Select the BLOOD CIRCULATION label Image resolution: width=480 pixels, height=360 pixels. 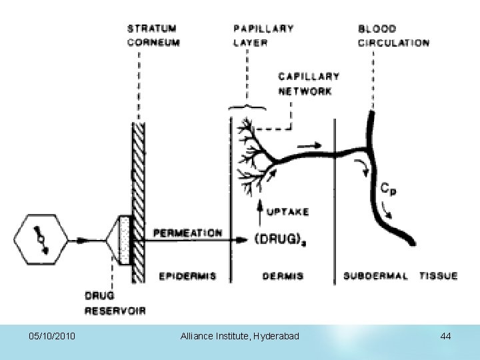[x=393, y=35]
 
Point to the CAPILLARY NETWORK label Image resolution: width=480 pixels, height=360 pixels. [x=309, y=84]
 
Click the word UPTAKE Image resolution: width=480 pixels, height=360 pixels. [x=287, y=212]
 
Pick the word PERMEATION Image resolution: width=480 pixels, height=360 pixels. [x=188, y=233]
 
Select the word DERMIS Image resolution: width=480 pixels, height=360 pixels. [x=283, y=275]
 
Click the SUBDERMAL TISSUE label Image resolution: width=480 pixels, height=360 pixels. [x=400, y=275]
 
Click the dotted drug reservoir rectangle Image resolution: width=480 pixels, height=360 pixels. [x=125, y=239]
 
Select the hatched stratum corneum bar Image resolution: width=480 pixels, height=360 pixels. [x=139, y=200]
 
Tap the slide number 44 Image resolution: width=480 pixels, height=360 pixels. [x=445, y=337]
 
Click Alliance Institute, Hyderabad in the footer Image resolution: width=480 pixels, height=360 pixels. [x=240, y=337]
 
